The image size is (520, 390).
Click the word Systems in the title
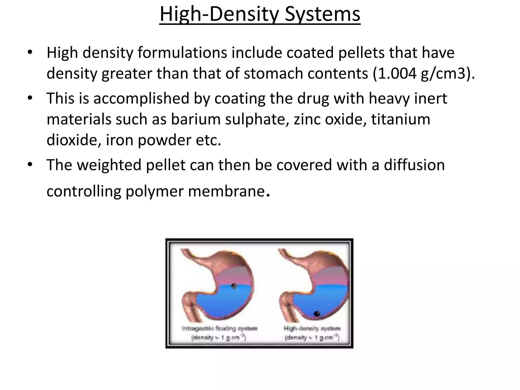(x=322, y=14)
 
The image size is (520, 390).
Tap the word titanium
(x=401, y=119)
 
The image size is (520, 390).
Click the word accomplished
(x=141, y=99)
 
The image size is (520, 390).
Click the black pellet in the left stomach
(x=234, y=286)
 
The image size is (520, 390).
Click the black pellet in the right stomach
(x=317, y=314)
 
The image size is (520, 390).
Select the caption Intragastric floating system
(x=220, y=329)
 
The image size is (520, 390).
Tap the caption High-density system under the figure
(x=312, y=329)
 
